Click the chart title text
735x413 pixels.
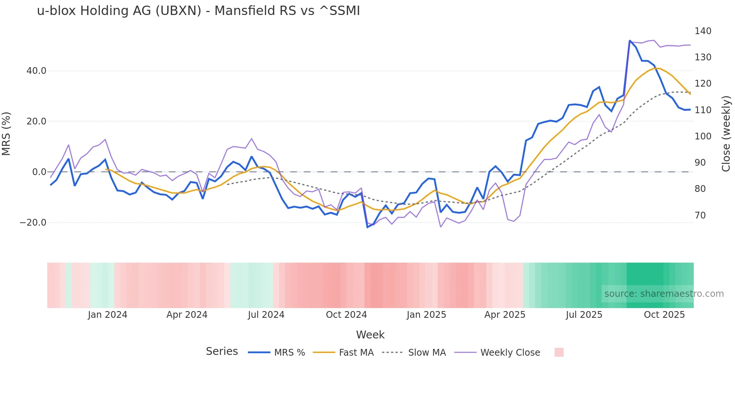tap(198, 11)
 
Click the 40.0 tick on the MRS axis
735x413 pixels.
tap(36, 71)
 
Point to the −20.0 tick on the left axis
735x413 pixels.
tap(33, 223)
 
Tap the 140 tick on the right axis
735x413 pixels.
tap(703, 31)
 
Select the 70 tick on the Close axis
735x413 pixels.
tap(700, 215)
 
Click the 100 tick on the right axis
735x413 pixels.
tap(703, 136)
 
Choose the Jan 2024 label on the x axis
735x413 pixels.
tap(108, 315)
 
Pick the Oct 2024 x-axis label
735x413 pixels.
tap(346, 315)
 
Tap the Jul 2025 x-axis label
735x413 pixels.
tap(584, 315)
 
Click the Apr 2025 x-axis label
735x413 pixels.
tap(505, 315)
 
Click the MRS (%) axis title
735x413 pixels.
tap(6, 134)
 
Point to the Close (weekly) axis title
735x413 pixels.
tap(726, 134)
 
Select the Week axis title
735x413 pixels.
tap(370, 335)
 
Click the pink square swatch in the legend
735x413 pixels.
tap(559, 352)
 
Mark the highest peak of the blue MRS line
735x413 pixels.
tap(630, 40)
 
